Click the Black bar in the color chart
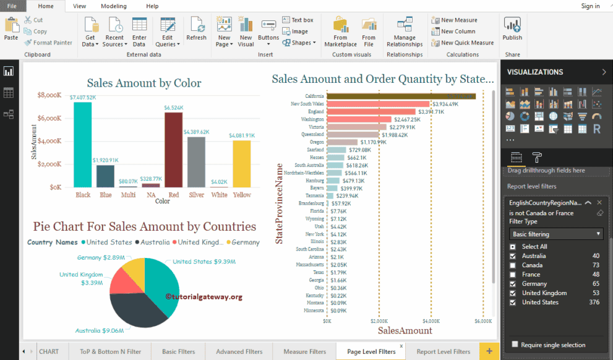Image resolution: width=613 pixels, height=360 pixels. tap(82, 145)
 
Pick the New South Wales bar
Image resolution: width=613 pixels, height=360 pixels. tap(378, 104)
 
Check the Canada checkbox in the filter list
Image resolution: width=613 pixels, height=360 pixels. tap(512, 265)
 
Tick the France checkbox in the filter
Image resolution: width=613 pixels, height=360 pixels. tap(512, 275)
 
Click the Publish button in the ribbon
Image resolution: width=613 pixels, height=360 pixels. tap(512, 29)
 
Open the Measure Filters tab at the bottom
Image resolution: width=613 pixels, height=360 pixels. tap(304, 351)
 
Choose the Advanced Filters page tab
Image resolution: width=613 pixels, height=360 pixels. tap(239, 351)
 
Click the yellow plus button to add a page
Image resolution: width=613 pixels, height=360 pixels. tap(489, 351)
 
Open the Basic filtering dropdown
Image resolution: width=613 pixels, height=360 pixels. tap(555, 234)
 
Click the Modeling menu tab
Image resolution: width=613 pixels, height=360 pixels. tap(113, 6)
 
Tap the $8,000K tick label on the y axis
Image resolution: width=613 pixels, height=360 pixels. tap(49, 95)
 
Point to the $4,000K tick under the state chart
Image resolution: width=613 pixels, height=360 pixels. tap(431, 322)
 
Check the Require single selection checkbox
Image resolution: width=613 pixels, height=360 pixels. tap(515, 345)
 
